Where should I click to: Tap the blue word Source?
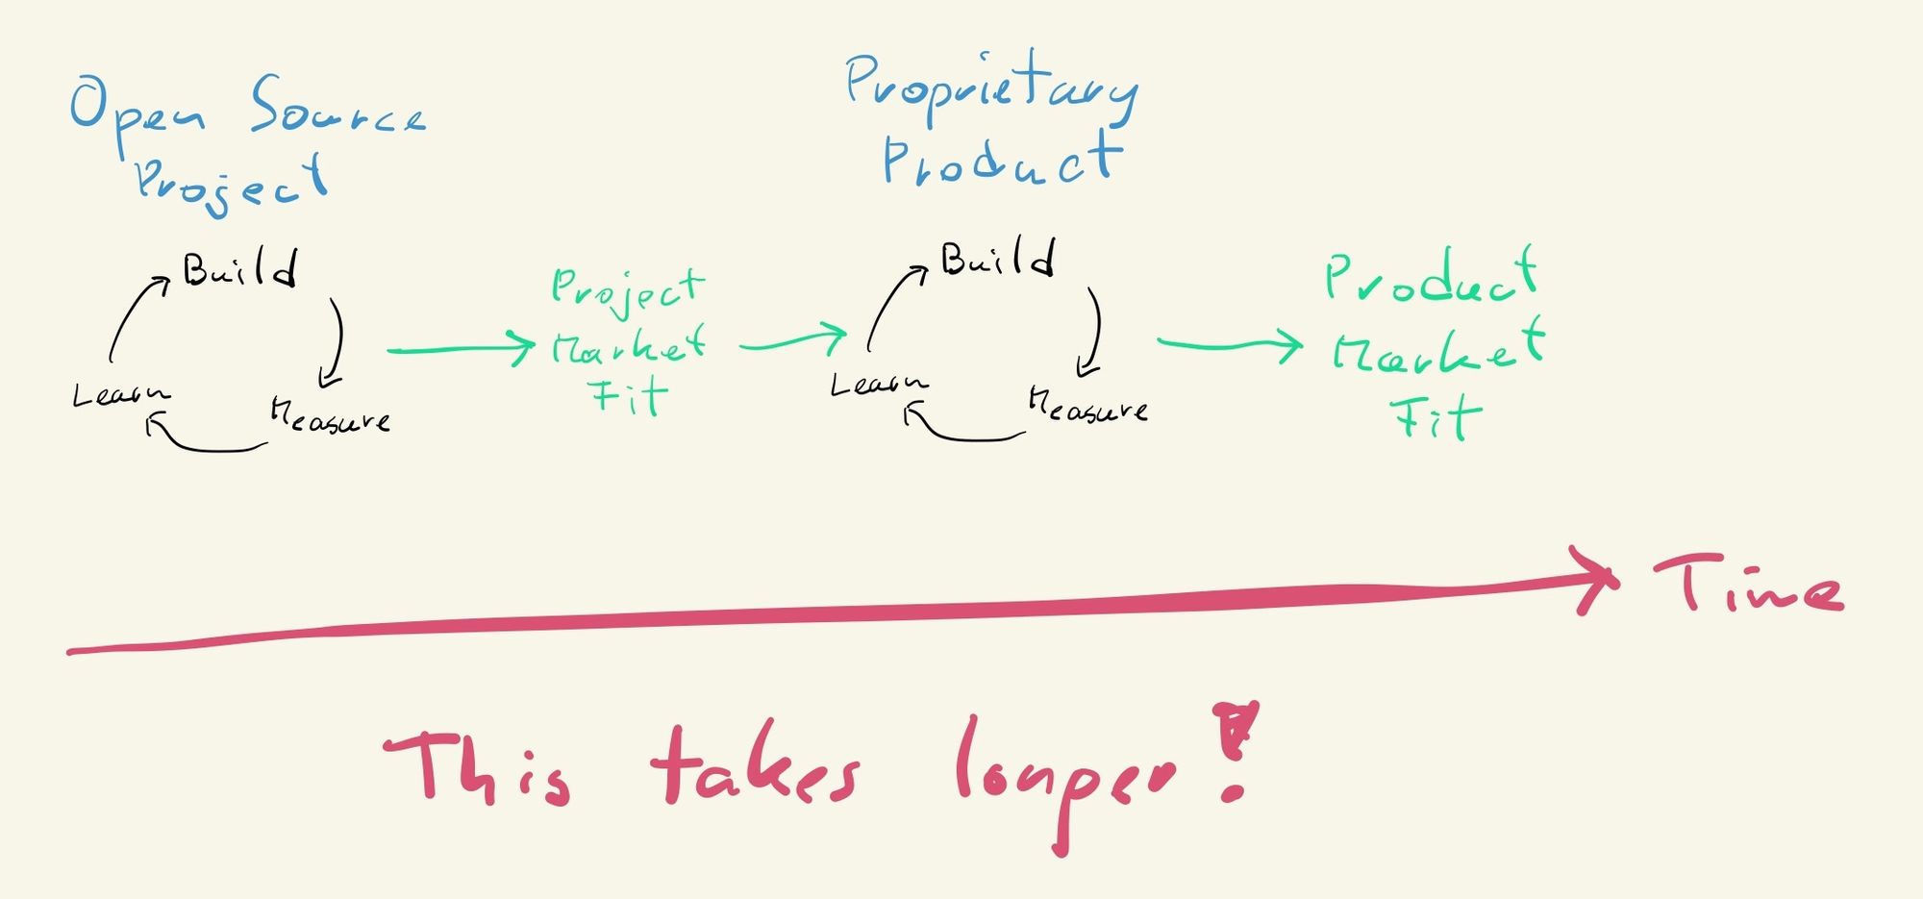coord(337,108)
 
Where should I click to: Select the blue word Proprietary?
coord(990,87)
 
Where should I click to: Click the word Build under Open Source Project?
coord(240,269)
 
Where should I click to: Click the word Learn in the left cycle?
coord(121,394)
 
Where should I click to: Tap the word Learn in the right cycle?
coord(879,385)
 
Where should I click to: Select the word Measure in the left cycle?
coord(330,416)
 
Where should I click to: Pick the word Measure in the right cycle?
coord(1087,407)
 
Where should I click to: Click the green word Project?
coord(628,288)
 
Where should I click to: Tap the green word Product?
coord(1431,276)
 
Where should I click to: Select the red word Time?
coord(1748,585)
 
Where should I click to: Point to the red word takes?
coord(756,769)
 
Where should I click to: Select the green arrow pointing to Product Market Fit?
coord(1231,344)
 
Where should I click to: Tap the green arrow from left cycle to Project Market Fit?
coord(462,349)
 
